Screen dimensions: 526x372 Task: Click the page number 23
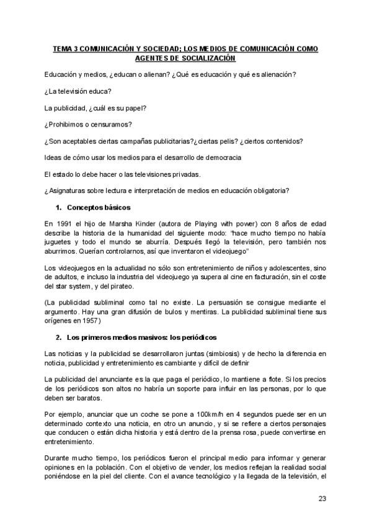pos(322,498)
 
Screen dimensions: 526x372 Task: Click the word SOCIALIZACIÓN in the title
pos(206,58)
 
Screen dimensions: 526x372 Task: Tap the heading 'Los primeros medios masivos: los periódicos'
pos(140,337)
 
